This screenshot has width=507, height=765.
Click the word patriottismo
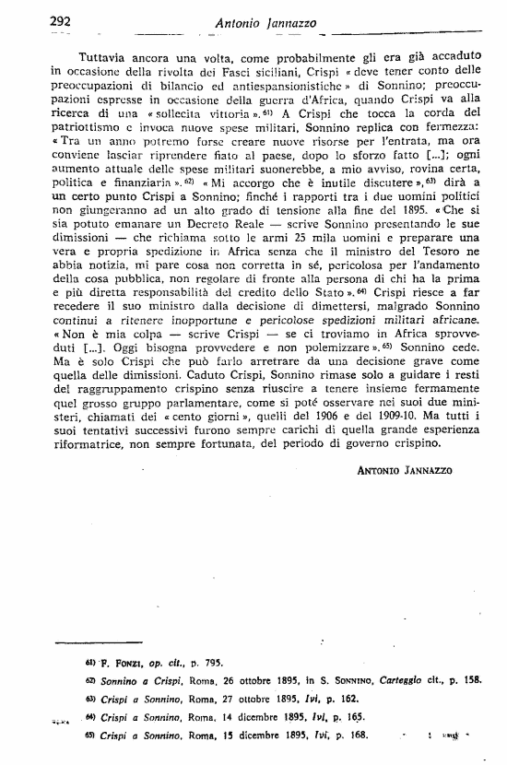(x=90, y=131)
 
